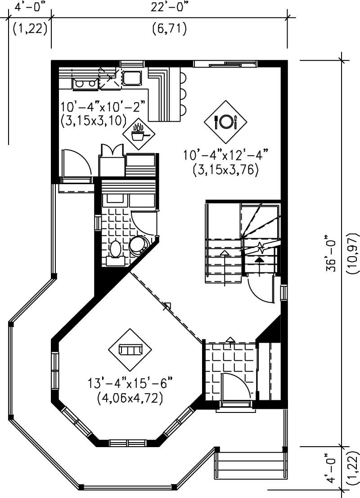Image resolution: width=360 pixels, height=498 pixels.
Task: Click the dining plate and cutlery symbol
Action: pos(225,121)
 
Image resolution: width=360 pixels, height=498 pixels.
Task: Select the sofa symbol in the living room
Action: pos(130,349)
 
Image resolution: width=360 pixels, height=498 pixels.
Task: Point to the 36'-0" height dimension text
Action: pos(332,253)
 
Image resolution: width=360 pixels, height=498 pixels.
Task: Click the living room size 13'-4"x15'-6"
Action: pos(130,384)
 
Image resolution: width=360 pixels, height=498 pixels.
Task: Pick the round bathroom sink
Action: pos(137,245)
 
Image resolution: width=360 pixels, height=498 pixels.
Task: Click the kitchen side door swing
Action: pos(76,163)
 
